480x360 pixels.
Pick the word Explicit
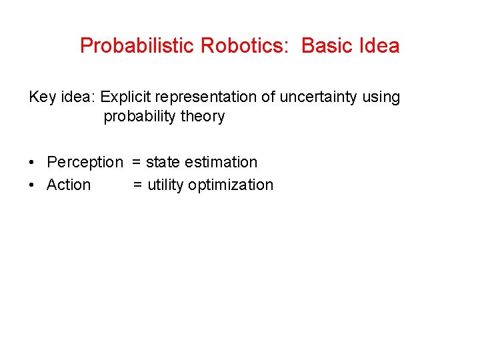pyautogui.click(x=127, y=97)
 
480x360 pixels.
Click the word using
pyautogui.click(x=382, y=97)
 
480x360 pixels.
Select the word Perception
pyautogui.click(x=85, y=163)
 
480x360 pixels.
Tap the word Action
pyautogui.click(x=69, y=185)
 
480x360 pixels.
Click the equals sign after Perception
pyautogui.click(x=136, y=163)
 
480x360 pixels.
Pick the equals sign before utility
pyautogui.click(x=137, y=185)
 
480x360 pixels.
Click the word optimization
pyautogui.click(x=231, y=185)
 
